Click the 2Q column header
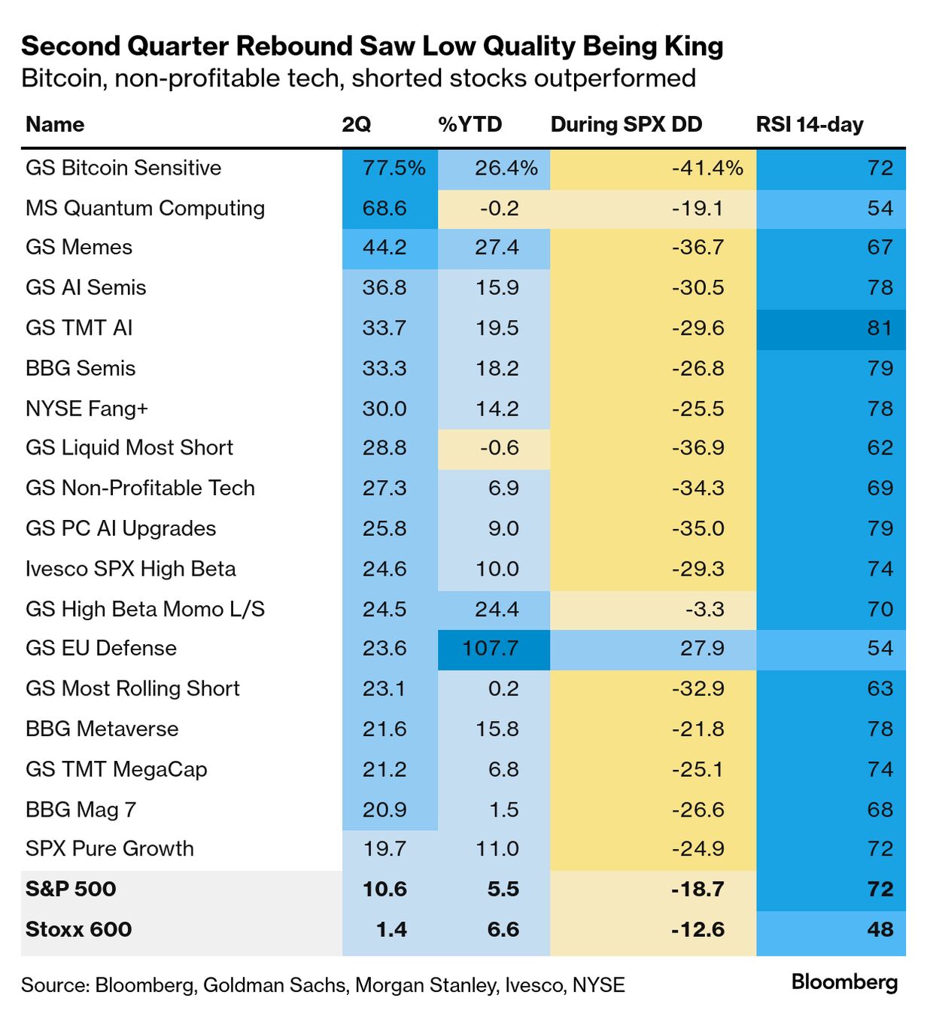click(x=356, y=124)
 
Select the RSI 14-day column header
click(x=809, y=124)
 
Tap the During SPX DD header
click(x=626, y=124)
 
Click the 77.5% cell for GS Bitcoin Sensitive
click(x=394, y=168)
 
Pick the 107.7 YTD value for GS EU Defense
click(x=490, y=648)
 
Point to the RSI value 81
click(x=880, y=328)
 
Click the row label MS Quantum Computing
click(x=145, y=208)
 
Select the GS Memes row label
click(x=79, y=248)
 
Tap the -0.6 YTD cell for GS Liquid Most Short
click(x=500, y=448)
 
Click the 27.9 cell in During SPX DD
click(x=702, y=648)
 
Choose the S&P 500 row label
click(x=71, y=889)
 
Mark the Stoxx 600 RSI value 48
click(x=880, y=929)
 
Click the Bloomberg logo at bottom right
click(x=844, y=982)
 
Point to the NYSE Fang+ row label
click(x=87, y=409)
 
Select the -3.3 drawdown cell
click(x=705, y=609)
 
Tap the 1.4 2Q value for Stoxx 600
click(x=391, y=929)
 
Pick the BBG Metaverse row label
click(x=102, y=729)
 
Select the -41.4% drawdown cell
click(x=707, y=168)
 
